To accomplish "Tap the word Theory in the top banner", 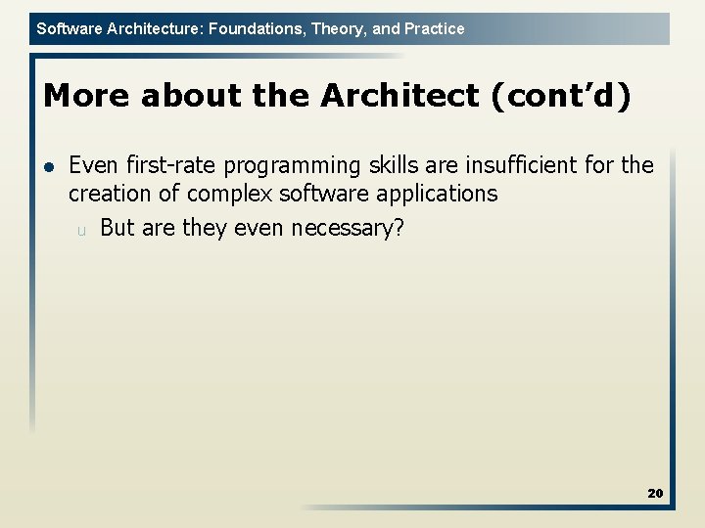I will pyautogui.click(x=333, y=28).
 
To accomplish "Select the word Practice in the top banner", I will pyautogui.click(x=432, y=28).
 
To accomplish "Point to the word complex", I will pyautogui.click(x=232, y=194).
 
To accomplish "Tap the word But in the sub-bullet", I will pyautogui.click(x=117, y=228).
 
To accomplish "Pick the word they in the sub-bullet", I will pyautogui.click(x=202, y=228).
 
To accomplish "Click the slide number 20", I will pyautogui.click(x=655, y=493).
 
